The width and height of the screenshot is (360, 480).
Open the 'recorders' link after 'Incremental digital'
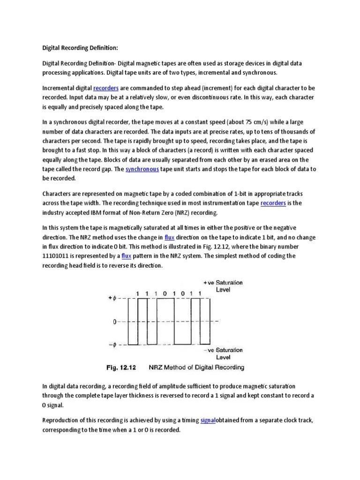(x=106, y=88)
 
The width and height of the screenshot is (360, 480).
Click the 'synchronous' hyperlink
(x=142, y=169)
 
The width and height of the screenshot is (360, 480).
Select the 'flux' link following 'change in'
(x=170, y=237)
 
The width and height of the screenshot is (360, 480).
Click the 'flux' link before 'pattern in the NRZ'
(x=126, y=256)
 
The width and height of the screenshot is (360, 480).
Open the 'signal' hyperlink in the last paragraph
(x=208, y=420)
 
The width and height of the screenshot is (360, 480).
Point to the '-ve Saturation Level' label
(x=223, y=353)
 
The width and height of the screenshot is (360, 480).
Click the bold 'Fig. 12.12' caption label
(x=121, y=367)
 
